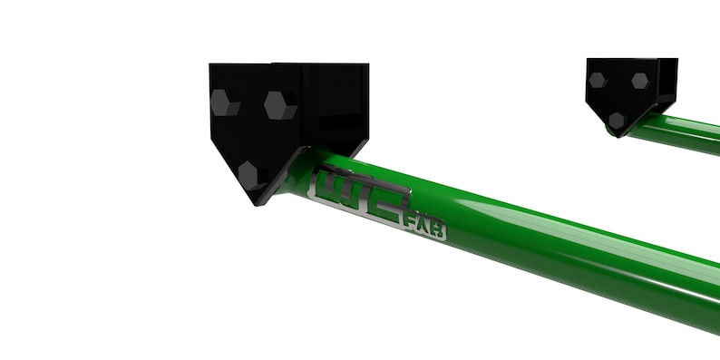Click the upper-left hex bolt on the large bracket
223,102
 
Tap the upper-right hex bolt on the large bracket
280,105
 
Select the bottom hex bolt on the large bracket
250,172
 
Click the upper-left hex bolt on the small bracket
598,80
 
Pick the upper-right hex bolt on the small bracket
639,81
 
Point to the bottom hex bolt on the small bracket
617,120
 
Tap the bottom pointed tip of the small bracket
620,134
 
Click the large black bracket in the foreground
272,118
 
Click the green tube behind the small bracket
689,135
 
